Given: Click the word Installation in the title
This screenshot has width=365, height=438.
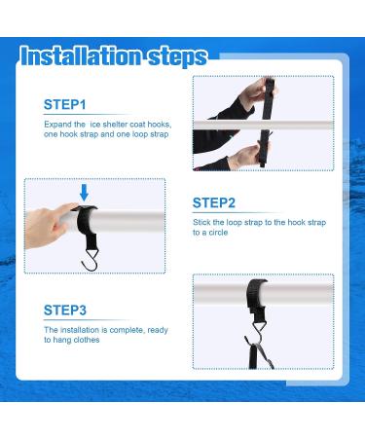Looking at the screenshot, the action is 81,56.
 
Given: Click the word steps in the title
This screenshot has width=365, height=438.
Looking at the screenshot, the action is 177,57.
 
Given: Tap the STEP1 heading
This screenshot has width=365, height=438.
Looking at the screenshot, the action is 65,104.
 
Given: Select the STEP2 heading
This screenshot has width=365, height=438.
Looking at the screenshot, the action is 214,202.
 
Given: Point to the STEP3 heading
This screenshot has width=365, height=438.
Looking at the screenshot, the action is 65,310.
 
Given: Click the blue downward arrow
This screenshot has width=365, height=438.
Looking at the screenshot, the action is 84,193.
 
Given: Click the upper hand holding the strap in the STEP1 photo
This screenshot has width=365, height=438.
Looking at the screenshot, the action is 256,93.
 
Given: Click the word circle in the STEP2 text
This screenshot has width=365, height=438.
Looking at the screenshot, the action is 218,233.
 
